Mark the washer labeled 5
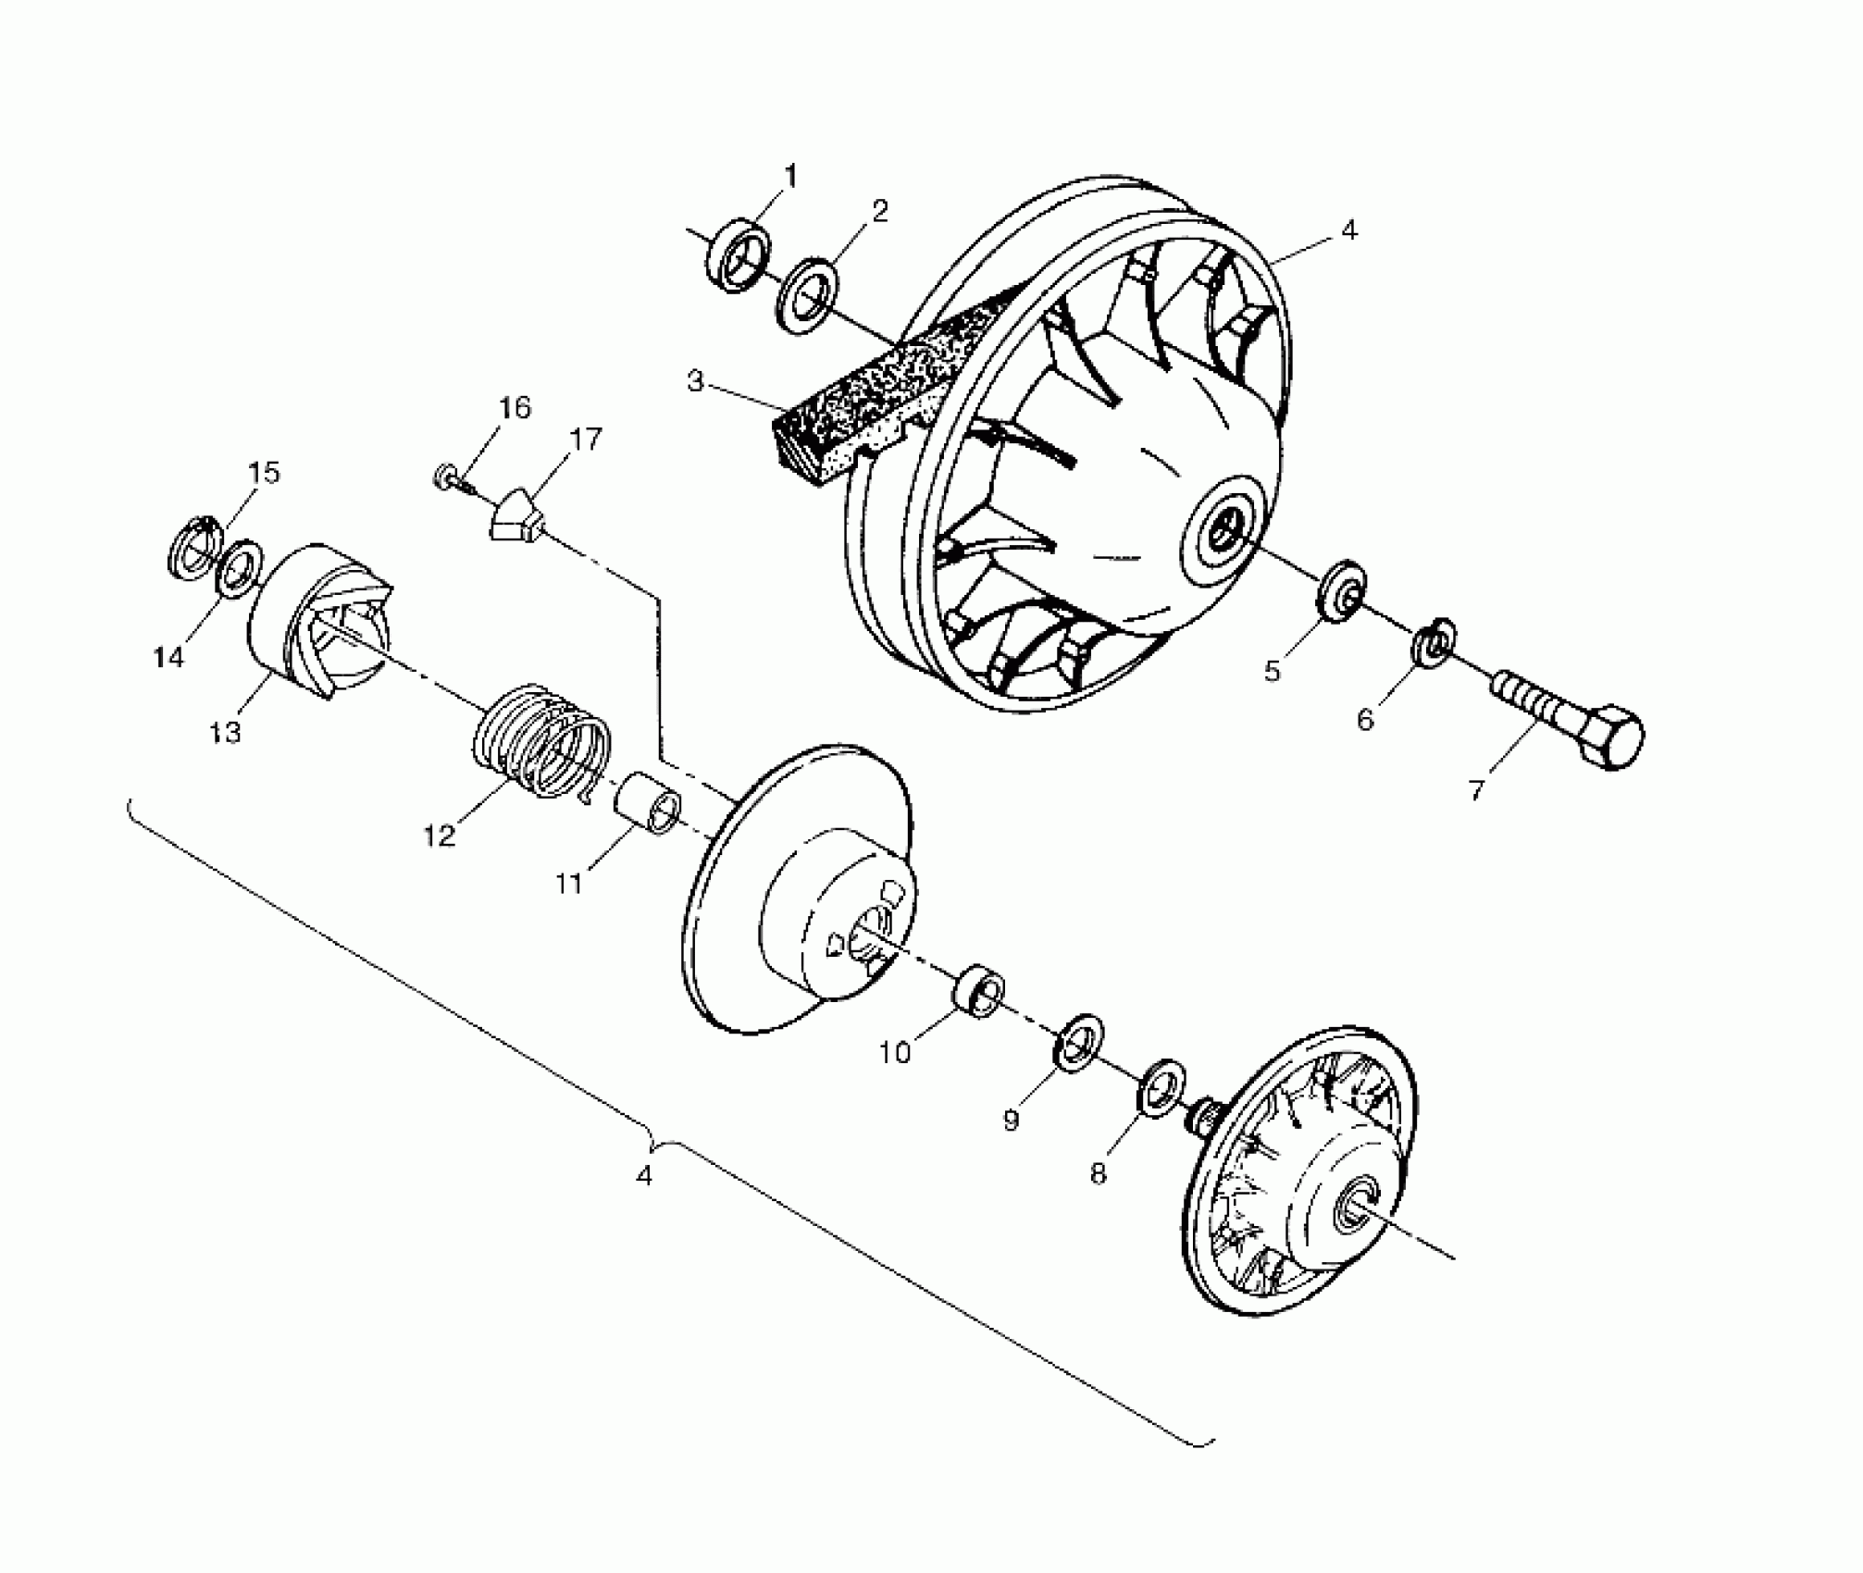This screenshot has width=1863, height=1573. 1338,590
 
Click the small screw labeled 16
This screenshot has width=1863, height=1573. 447,478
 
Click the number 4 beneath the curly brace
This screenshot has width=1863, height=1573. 644,1176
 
